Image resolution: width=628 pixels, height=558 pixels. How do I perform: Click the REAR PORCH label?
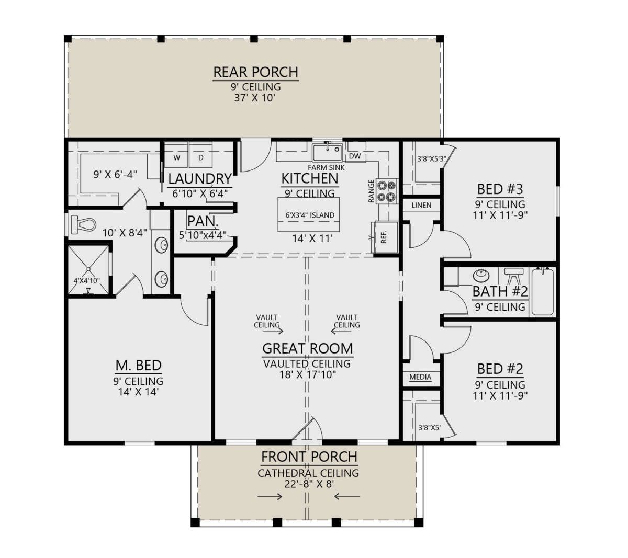point(255,72)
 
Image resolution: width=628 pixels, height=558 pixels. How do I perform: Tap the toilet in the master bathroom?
point(83,224)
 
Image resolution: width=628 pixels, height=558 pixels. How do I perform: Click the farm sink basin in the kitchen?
point(327,152)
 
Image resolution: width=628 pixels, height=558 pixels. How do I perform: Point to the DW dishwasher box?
point(355,156)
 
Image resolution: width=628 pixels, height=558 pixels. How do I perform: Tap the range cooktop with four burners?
point(387,191)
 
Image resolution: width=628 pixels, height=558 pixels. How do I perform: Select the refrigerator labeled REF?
point(386,237)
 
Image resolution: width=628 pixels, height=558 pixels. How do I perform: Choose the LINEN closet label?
point(421,205)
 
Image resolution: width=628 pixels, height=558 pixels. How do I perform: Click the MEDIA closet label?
point(420,377)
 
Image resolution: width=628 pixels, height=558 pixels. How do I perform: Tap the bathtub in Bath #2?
point(543,292)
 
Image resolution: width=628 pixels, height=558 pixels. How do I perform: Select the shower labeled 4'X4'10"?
point(88,269)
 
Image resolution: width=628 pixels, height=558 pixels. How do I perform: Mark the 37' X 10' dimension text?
point(255,98)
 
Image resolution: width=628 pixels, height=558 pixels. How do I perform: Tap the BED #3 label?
point(500,189)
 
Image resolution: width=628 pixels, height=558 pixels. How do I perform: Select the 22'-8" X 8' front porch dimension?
point(309,484)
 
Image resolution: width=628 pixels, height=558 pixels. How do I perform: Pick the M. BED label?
point(139,365)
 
